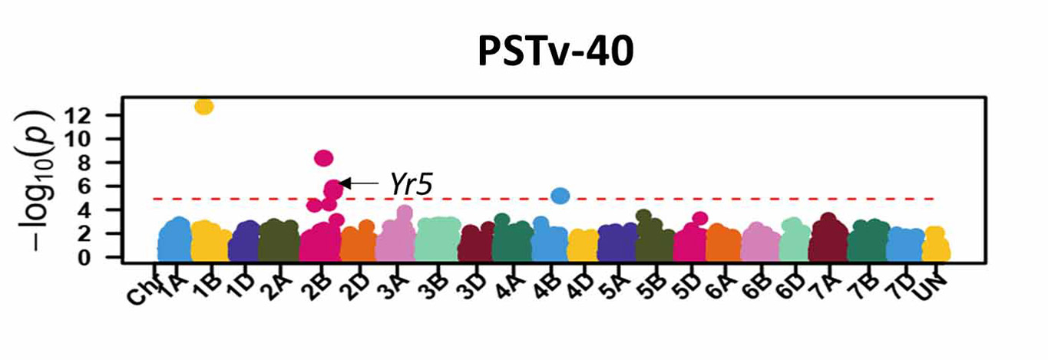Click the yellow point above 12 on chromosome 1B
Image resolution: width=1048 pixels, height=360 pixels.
click(x=204, y=107)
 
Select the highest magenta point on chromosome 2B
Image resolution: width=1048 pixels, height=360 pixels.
click(x=324, y=158)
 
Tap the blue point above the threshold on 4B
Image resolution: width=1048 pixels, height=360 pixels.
click(x=560, y=196)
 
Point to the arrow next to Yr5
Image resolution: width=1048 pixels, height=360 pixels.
click(x=359, y=183)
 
